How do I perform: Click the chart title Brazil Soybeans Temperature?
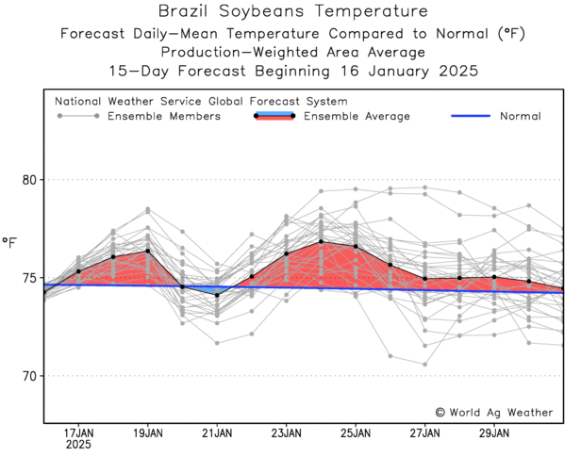pyautogui.click(x=291, y=12)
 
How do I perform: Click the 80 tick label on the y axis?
pyautogui.click(x=29, y=179)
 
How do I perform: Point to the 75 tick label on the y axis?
pyautogui.click(x=29, y=278)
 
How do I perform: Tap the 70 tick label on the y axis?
pyautogui.click(x=29, y=376)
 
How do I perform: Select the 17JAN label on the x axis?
pyautogui.click(x=78, y=433)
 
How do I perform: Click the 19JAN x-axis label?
pyautogui.click(x=148, y=433)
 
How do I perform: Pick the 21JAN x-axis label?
pyautogui.click(x=217, y=433)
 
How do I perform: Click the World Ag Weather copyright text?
pyautogui.click(x=497, y=412)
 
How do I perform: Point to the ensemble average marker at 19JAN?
pyautogui.click(x=148, y=251)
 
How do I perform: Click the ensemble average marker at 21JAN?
pyautogui.click(x=217, y=295)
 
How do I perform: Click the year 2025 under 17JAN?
pyautogui.click(x=78, y=446)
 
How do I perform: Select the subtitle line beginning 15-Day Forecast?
pyautogui.click(x=291, y=71)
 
